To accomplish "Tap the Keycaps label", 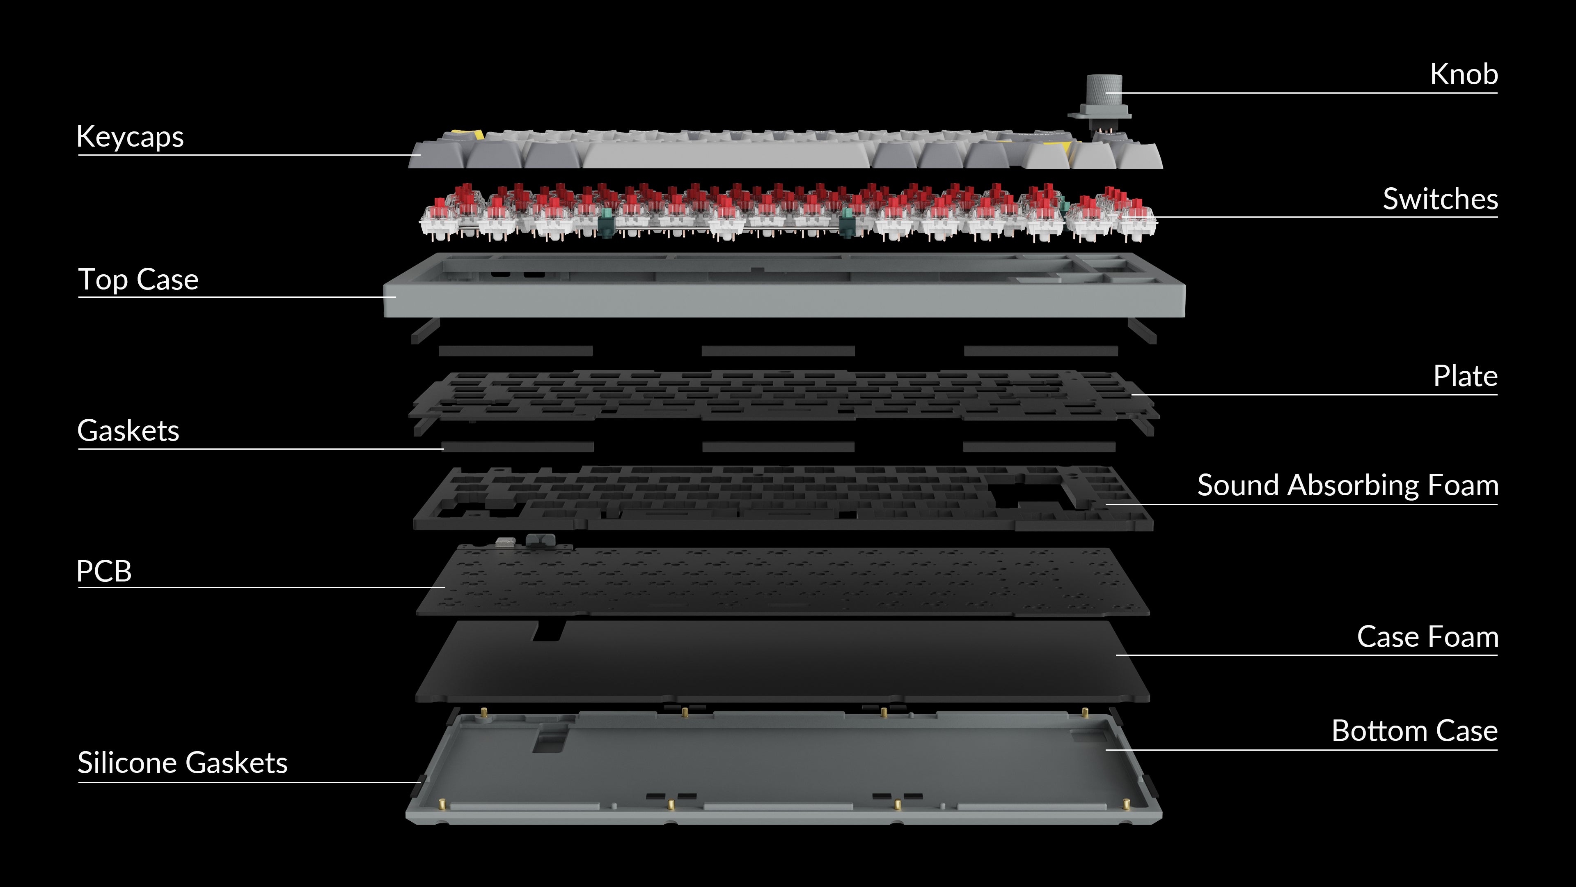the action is point(130,136).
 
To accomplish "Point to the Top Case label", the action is point(138,280).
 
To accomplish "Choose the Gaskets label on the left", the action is point(128,430).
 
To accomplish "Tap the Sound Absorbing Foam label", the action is point(1348,485).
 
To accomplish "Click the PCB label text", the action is point(104,571).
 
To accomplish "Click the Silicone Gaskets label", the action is point(182,763).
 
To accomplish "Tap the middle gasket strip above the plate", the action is point(778,351).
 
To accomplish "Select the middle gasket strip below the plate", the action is point(778,447).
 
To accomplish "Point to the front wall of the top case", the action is point(784,301).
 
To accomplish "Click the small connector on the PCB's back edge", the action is point(540,540).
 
